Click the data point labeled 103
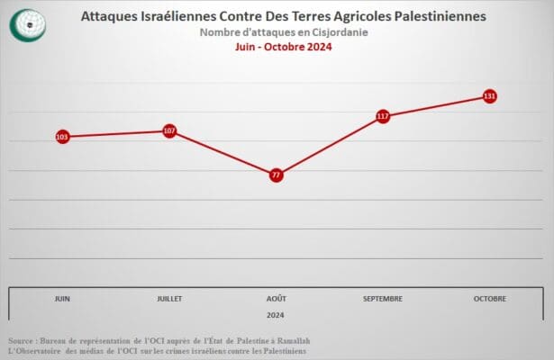(x=62, y=137)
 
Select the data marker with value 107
(x=169, y=130)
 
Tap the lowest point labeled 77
(x=277, y=175)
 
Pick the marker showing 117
(x=383, y=116)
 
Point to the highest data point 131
(x=490, y=95)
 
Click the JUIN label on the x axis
(x=62, y=298)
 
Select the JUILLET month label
(x=169, y=298)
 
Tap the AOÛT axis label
(x=277, y=298)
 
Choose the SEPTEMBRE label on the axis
(x=383, y=298)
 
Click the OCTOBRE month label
(x=490, y=298)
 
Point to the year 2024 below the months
(x=277, y=315)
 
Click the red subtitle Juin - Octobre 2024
(x=283, y=48)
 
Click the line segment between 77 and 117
(x=330, y=146)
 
